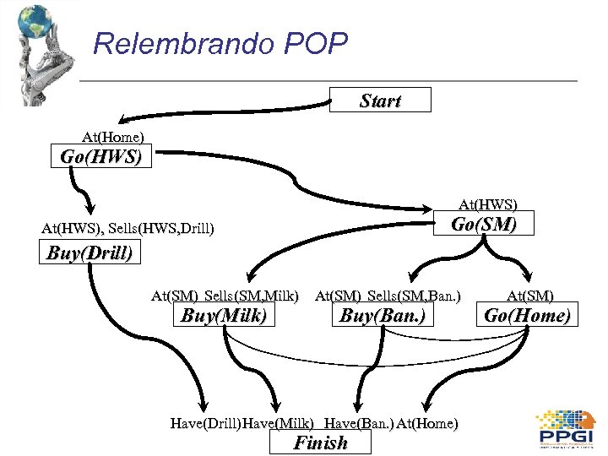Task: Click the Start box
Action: click(380, 100)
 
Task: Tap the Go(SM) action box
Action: click(482, 225)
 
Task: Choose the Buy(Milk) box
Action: click(224, 316)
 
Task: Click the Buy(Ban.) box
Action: click(381, 316)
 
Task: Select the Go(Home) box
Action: click(528, 316)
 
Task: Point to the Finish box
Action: click(320, 442)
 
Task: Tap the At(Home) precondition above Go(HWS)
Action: click(112, 136)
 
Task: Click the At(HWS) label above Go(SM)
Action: click(488, 204)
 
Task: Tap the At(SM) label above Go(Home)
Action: click(530, 296)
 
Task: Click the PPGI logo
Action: click(567, 429)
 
